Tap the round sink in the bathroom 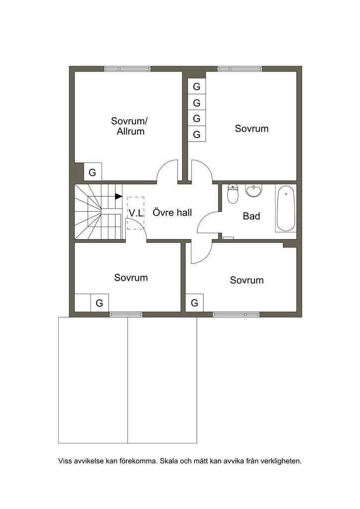pyautogui.click(x=254, y=191)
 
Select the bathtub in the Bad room pyautogui.click(x=285, y=208)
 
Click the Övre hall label pyautogui.click(x=173, y=213)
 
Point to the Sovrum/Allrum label pyautogui.click(x=129, y=126)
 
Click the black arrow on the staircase pyautogui.click(x=119, y=196)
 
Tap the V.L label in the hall pyautogui.click(x=136, y=213)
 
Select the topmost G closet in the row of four pyautogui.click(x=197, y=86)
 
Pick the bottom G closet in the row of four pyautogui.click(x=197, y=134)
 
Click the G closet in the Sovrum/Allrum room pyautogui.click(x=93, y=171)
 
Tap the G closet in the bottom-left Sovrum pyautogui.click(x=99, y=303)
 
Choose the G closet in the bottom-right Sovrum pyautogui.click(x=194, y=303)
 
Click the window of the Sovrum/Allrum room pyautogui.click(x=127, y=69)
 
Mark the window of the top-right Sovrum pyautogui.click(x=240, y=69)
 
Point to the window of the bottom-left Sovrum pyautogui.click(x=126, y=314)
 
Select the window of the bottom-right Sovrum pyautogui.click(x=236, y=314)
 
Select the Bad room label pyautogui.click(x=252, y=216)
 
